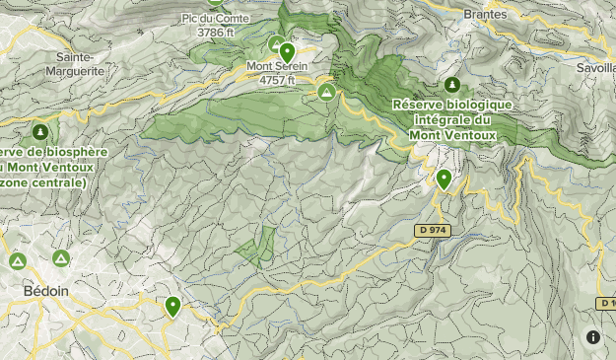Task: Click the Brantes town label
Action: click(486, 15)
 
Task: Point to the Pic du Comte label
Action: click(216, 18)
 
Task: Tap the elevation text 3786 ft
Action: click(216, 32)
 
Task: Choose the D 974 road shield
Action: click(430, 230)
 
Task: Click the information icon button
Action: click(593, 336)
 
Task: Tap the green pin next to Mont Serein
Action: click(287, 51)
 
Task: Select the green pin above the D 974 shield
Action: click(445, 180)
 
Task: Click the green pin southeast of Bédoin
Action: click(172, 307)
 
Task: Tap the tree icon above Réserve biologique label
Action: click(452, 86)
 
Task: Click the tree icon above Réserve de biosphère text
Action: click(40, 130)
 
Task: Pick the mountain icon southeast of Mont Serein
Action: click(325, 92)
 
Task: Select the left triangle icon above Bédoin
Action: click(18, 261)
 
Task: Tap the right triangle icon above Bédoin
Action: click(61, 258)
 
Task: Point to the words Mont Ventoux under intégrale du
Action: click(452, 133)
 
